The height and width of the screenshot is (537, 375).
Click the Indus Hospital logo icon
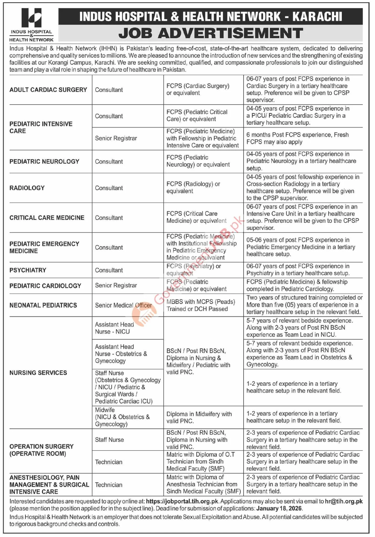[x=31, y=18]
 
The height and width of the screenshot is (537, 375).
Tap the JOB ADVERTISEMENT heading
[x=210, y=34]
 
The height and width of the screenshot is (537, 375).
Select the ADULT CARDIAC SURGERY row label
[x=48, y=90]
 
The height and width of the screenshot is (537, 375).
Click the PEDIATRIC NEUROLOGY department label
[x=44, y=162]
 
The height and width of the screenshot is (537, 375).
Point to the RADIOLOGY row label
[x=27, y=188]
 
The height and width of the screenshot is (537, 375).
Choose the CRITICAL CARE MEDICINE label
[x=47, y=218]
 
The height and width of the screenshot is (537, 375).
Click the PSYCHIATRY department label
[x=28, y=270]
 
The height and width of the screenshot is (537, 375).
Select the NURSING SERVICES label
[x=38, y=373]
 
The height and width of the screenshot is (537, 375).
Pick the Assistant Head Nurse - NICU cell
[x=114, y=328]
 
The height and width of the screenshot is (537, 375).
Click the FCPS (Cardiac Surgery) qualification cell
[x=198, y=89]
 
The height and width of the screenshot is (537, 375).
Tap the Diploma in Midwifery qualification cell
[x=199, y=417]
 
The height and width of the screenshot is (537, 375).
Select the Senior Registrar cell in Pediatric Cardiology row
[x=116, y=286]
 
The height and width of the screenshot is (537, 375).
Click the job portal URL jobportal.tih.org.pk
[x=182, y=501]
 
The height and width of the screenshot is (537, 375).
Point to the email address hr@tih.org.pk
[x=344, y=501]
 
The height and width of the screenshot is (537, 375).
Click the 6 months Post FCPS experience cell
[x=297, y=138]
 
